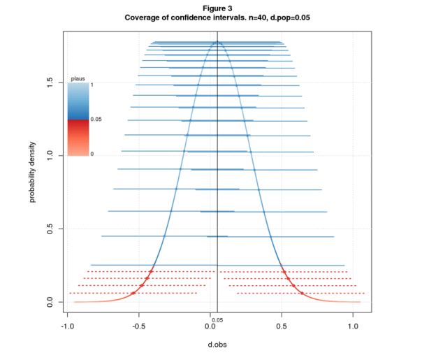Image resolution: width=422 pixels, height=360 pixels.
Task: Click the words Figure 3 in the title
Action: (211, 8)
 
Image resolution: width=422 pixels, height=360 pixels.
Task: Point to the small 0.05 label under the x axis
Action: (217, 319)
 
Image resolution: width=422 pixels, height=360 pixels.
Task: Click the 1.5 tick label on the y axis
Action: (50, 82)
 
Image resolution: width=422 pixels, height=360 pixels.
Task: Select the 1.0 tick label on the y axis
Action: (50, 156)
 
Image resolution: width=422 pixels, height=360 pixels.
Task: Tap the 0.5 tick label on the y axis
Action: (50, 229)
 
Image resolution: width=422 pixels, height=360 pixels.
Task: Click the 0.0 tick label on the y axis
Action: (50, 302)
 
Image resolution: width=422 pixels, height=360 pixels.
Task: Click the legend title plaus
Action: (78, 78)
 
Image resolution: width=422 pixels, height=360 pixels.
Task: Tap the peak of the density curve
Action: (217, 42)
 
